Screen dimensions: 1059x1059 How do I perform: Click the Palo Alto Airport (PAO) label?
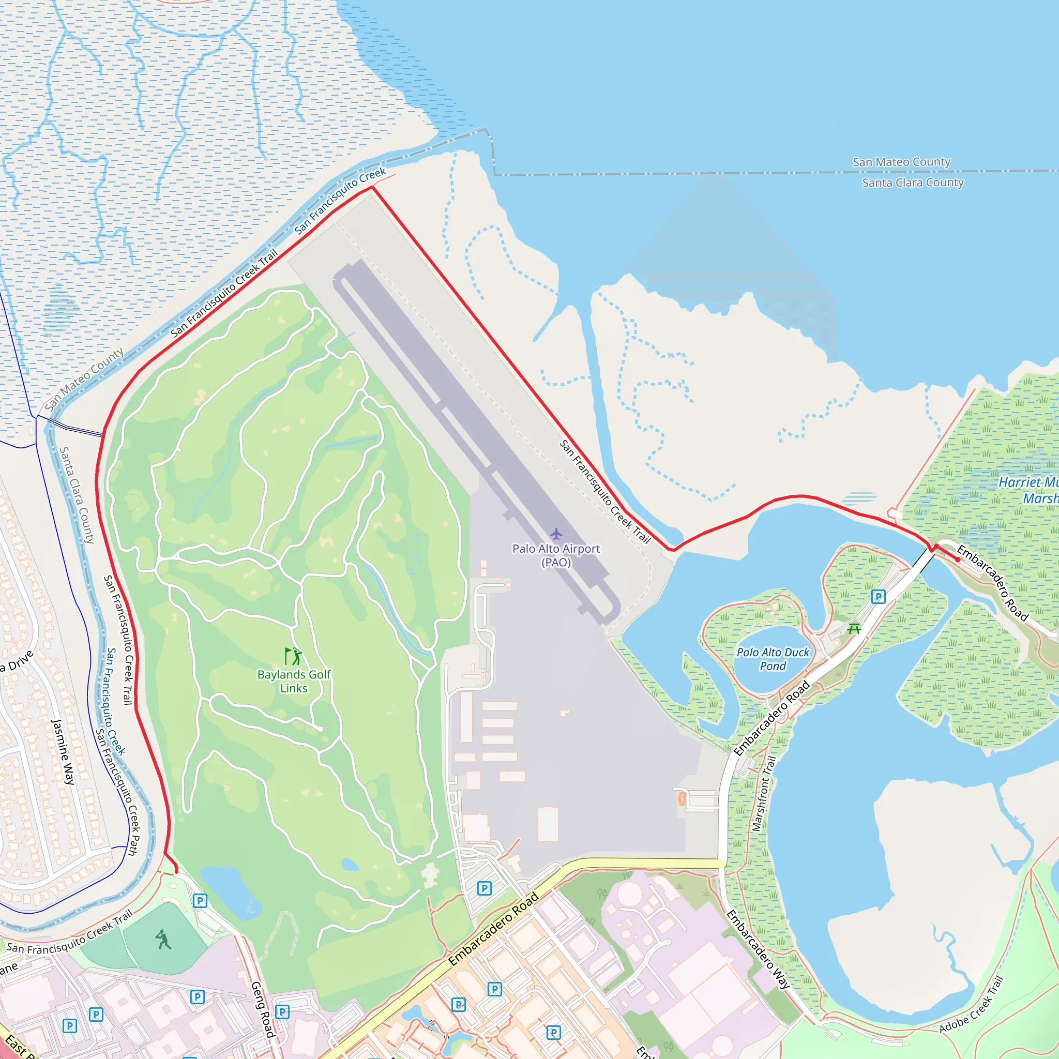(556, 555)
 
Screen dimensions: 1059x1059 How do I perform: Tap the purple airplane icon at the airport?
(556, 533)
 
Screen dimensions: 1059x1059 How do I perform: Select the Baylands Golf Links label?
(294, 682)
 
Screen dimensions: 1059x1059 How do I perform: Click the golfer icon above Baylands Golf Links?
(294, 656)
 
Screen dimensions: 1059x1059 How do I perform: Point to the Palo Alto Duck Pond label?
(773, 659)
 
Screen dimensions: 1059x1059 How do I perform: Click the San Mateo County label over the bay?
(901, 162)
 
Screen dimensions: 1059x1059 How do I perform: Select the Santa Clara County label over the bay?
(913, 183)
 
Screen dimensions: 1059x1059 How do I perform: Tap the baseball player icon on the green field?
(163, 940)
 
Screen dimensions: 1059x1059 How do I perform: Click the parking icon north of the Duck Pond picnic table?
(878, 597)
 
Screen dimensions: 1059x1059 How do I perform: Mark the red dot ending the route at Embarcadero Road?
(958, 559)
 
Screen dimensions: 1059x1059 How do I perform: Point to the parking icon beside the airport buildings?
(484, 888)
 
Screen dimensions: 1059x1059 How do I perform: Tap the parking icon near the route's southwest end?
(200, 901)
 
